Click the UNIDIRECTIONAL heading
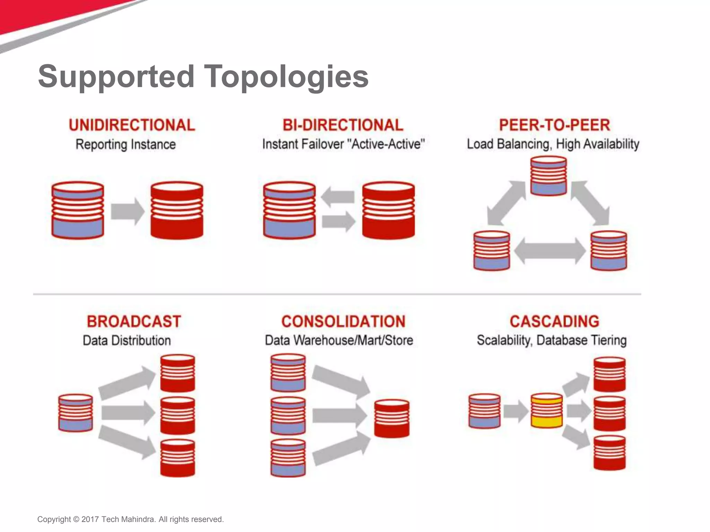tap(132, 125)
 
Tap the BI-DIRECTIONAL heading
tap(343, 125)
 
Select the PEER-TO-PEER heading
tap(554, 125)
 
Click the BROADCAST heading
tap(134, 321)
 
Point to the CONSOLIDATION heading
tap(343, 321)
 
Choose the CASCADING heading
tap(554, 321)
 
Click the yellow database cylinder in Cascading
tap(547, 411)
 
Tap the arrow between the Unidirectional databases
tap(127, 211)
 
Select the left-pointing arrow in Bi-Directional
tap(338, 197)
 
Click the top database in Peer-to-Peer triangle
tap(548, 176)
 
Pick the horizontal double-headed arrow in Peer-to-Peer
tap(550, 251)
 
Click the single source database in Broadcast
tap(76, 413)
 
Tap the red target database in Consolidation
tap(392, 418)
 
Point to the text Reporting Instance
tap(125, 144)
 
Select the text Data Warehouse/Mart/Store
tap(339, 340)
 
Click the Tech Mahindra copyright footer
tap(130, 519)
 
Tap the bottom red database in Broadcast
tap(177, 458)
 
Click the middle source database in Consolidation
tap(288, 416)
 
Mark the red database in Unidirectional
tap(177, 210)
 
